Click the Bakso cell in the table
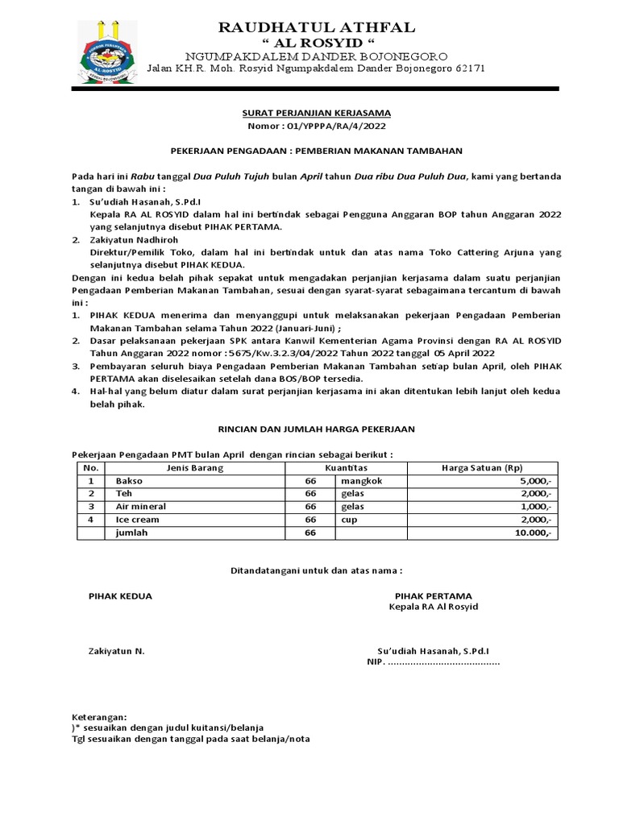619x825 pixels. pyautogui.click(x=130, y=480)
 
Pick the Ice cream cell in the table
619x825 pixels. pyautogui.click(x=137, y=520)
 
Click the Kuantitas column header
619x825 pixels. pyautogui.click(x=347, y=467)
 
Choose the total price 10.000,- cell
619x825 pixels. pyautogui.click(x=532, y=533)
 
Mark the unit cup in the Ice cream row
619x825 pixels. pyautogui.click(x=349, y=520)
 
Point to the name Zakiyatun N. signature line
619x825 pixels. pyautogui.click(x=116, y=649)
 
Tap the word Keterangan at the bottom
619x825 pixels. pyautogui.click(x=98, y=715)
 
